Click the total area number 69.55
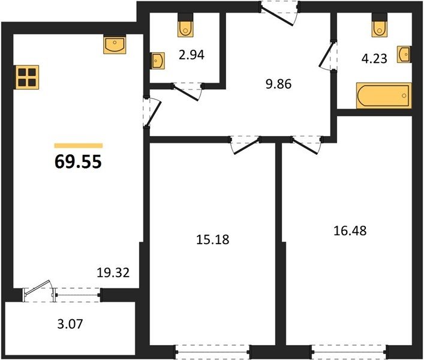tap(78, 162)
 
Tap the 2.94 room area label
tap(192, 55)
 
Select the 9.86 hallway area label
tap(278, 84)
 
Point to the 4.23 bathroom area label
tap(374, 58)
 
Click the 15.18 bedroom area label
tap(212, 239)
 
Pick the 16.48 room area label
tap(350, 231)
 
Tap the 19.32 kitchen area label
tap(113, 272)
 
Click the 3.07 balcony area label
tap(70, 324)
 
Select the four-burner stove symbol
tap(26, 77)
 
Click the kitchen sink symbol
tap(115, 44)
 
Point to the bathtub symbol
tap(384, 96)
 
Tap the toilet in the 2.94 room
tap(186, 25)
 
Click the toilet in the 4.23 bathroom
tap(380, 25)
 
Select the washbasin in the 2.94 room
tap(157, 61)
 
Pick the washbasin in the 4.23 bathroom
tap(404, 55)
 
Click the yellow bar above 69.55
tap(79, 146)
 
